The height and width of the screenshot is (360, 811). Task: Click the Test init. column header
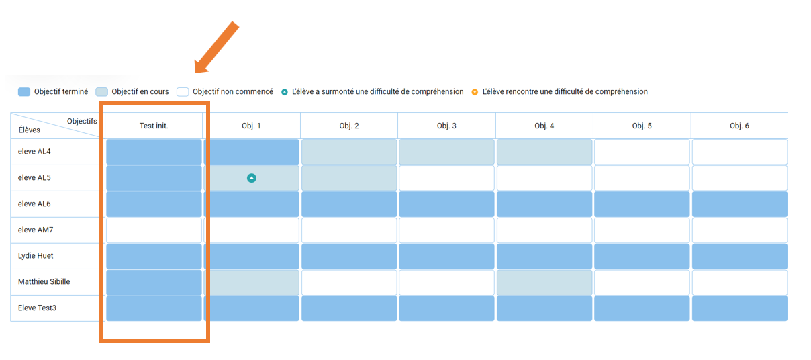pyautogui.click(x=154, y=126)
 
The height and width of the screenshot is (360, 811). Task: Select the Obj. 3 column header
pyautogui.click(x=446, y=126)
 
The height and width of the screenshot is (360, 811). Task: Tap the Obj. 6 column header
pyautogui.click(x=739, y=126)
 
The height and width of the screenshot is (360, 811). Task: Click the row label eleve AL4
pyautogui.click(x=34, y=151)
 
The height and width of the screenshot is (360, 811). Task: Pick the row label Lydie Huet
pyautogui.click(x=36, y=256)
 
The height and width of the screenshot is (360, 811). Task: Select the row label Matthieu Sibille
pyautogui.click(x=44, y=282)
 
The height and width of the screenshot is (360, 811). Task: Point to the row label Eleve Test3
pyautogui.click(x=37, y=308)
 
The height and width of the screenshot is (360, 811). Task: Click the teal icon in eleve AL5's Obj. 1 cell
pyautogui.click(x=252, y=178)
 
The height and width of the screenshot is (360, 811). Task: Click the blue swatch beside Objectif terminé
pyautogui.click(x=24, y=91)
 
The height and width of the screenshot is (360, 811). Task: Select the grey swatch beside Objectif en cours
pyautogui.click(x=102, y=91)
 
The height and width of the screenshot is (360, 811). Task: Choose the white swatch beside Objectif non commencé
pyautogui.click(x=183, y=91)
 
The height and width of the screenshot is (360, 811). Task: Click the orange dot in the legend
pyautogui.click(x=475, y=92)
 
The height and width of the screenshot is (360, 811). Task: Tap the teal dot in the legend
pyautogui.click(x=285, y=92)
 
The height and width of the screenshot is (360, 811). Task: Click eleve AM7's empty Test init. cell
pyautogui.click(x=154, y=230)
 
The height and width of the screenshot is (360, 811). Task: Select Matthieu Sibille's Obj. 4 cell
pyautogui.click(x=544, y=282)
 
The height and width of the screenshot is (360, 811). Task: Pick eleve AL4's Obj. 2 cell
pyautogui.click(x=349, y=152)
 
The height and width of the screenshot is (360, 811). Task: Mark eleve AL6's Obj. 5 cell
pyautogui.click(x=642, y=204)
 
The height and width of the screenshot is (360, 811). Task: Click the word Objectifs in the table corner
pyautogui.click(x=82, y=121)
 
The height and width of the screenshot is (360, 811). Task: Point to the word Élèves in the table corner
pyautogui.click(x=30, y=130)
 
